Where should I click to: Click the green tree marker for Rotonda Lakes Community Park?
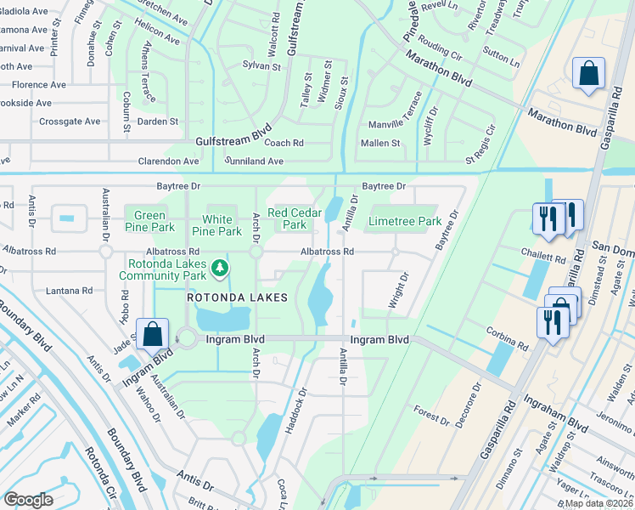tap(220, 269)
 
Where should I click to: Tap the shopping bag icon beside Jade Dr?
tap(152, 333)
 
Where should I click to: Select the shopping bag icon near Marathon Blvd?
tap(587, 74)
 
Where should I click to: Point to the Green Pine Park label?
tap(149, 222)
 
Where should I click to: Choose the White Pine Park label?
tap(216, 224)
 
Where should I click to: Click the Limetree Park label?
tap(405, 222)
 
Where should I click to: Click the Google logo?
tap(28, 499)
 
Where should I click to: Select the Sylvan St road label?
tap(261, 65)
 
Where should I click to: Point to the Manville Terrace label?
tap(394, 124)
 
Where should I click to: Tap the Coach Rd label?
tap(284, 143)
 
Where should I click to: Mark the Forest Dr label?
tap(432, 418)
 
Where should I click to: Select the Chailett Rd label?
tap(542, 257)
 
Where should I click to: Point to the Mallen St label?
tap(382, 143)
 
